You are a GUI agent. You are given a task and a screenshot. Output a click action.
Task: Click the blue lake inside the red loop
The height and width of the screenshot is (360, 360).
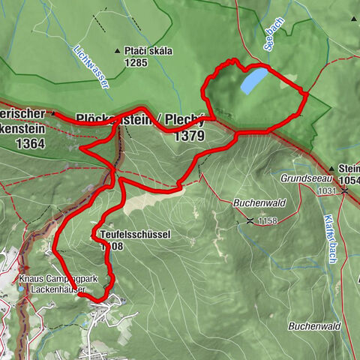(x=253, y=79)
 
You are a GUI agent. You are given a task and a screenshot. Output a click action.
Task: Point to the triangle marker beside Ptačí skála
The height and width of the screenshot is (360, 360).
(x=118, y=51)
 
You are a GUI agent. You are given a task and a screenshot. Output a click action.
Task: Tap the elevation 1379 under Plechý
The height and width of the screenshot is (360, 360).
(x=188, y=136)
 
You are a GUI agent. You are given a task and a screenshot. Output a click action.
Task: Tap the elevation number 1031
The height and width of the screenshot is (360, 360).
(x=325, y=192)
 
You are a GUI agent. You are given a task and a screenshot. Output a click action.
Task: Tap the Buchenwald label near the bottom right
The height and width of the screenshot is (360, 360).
(x=315, y=326)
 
